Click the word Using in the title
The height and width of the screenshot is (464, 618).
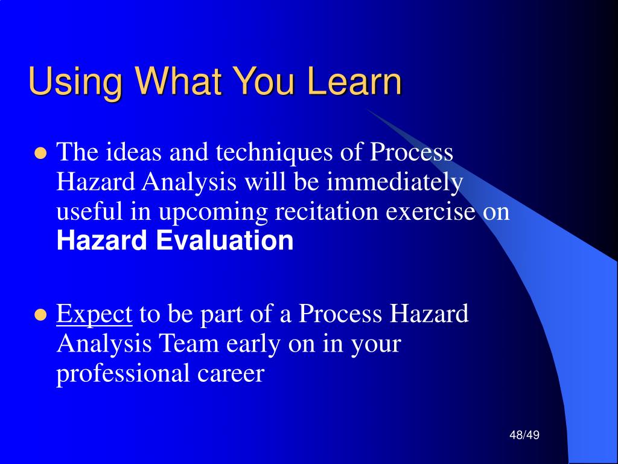pyautogui.click(x=75, y=82)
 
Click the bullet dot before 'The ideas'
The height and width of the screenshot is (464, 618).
pyautogui.click(x=40, y=153)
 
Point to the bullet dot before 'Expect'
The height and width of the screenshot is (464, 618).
pyautogui.click(x=40, y=315)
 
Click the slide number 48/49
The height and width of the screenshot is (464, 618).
pyautogui.click(x=524, y=435)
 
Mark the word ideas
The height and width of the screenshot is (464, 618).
pyautogui.click(x=133, y=152)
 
